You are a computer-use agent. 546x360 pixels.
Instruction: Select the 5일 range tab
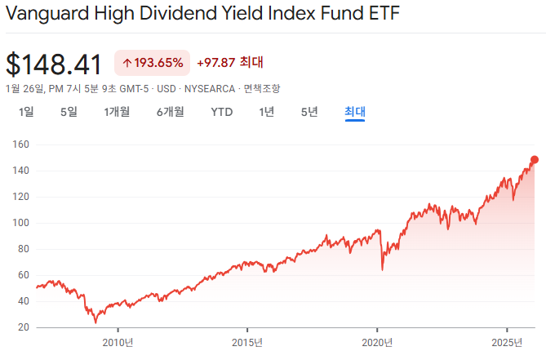[69, 112]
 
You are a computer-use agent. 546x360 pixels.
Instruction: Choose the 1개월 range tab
[117, 112]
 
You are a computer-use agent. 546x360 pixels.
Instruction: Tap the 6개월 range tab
[171, 112]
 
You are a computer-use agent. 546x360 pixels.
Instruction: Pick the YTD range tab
[222, 112]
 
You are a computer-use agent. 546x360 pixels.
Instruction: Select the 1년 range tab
[267, 112]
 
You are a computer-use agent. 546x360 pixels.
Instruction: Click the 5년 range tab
[309, 112]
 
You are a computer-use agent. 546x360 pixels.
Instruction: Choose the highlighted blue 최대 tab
[355, 112]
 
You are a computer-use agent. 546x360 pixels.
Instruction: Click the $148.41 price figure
[54, 64]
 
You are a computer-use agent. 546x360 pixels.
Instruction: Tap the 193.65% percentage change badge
[153, 62]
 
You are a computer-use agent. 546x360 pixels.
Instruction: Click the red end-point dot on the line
[535, 160]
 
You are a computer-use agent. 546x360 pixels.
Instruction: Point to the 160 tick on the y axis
[21, 144]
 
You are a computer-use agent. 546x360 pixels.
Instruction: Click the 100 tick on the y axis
[21, 223]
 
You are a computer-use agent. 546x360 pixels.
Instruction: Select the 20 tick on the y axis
[24, 327]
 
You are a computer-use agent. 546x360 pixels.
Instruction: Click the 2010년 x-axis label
[117, 342]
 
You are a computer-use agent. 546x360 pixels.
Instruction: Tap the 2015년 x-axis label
[247, 342]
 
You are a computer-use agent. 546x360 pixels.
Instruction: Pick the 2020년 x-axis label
[377, 342]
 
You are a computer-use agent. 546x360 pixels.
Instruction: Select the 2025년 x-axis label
[507, 342]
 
